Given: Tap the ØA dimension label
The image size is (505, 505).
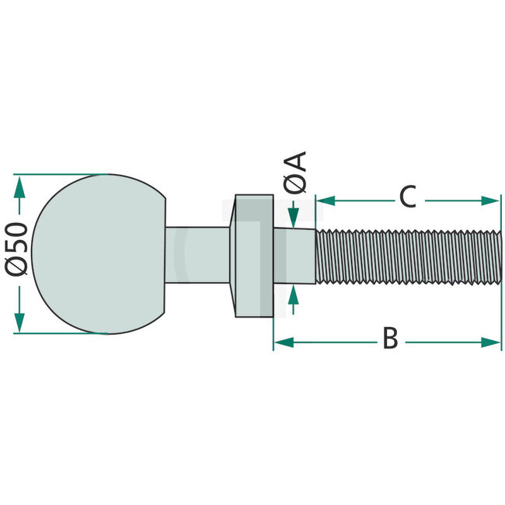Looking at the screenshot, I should tap(295, 172).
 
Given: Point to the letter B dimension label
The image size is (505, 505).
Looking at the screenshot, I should tap(390, 339).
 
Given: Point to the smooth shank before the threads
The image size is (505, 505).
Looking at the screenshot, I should tap(294, 255).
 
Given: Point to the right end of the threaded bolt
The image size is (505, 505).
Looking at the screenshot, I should tap(499, 255).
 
